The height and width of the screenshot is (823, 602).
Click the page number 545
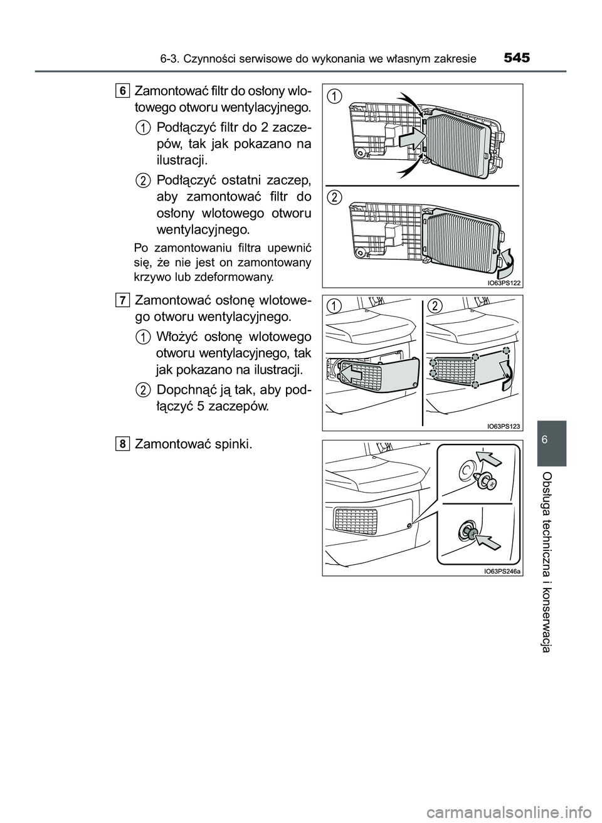click(516, 59)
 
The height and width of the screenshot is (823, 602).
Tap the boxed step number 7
click(122, 300)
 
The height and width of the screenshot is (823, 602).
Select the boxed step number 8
click(122, 444)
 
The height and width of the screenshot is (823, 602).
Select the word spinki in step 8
click(233, 445)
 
